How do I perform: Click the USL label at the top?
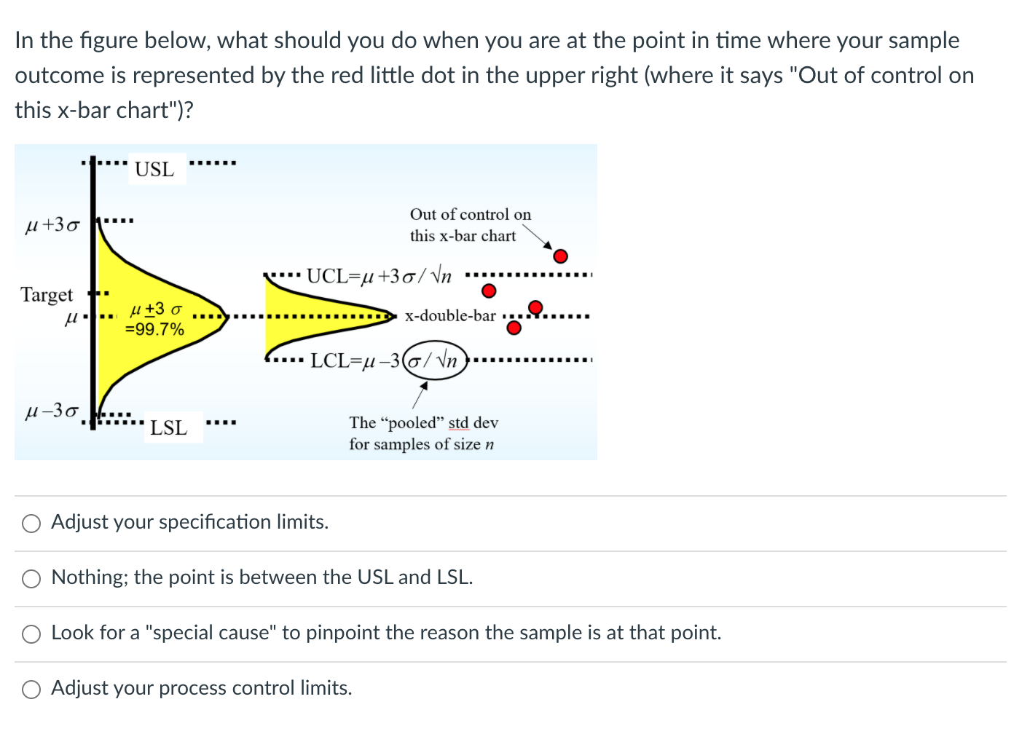pos(154,170)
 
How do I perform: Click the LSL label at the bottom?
pos(168,428)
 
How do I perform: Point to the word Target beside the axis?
pos(47,295)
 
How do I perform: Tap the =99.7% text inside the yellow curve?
pos(154,329)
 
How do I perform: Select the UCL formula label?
pos(379,276)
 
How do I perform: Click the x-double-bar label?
pos(450,316)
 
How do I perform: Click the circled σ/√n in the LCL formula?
pos(435,360)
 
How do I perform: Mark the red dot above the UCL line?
pos(560,256)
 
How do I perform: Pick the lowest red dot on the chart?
pos(514,328)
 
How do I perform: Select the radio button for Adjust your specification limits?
pos(31,524)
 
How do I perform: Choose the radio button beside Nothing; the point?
pos(31,579)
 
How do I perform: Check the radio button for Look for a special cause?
pos(31,634)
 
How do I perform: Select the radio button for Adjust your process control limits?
pos(31,690)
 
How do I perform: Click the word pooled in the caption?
pos(412,423)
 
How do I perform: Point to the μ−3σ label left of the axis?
pos(52,411)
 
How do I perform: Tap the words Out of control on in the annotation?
pos(470,215)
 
